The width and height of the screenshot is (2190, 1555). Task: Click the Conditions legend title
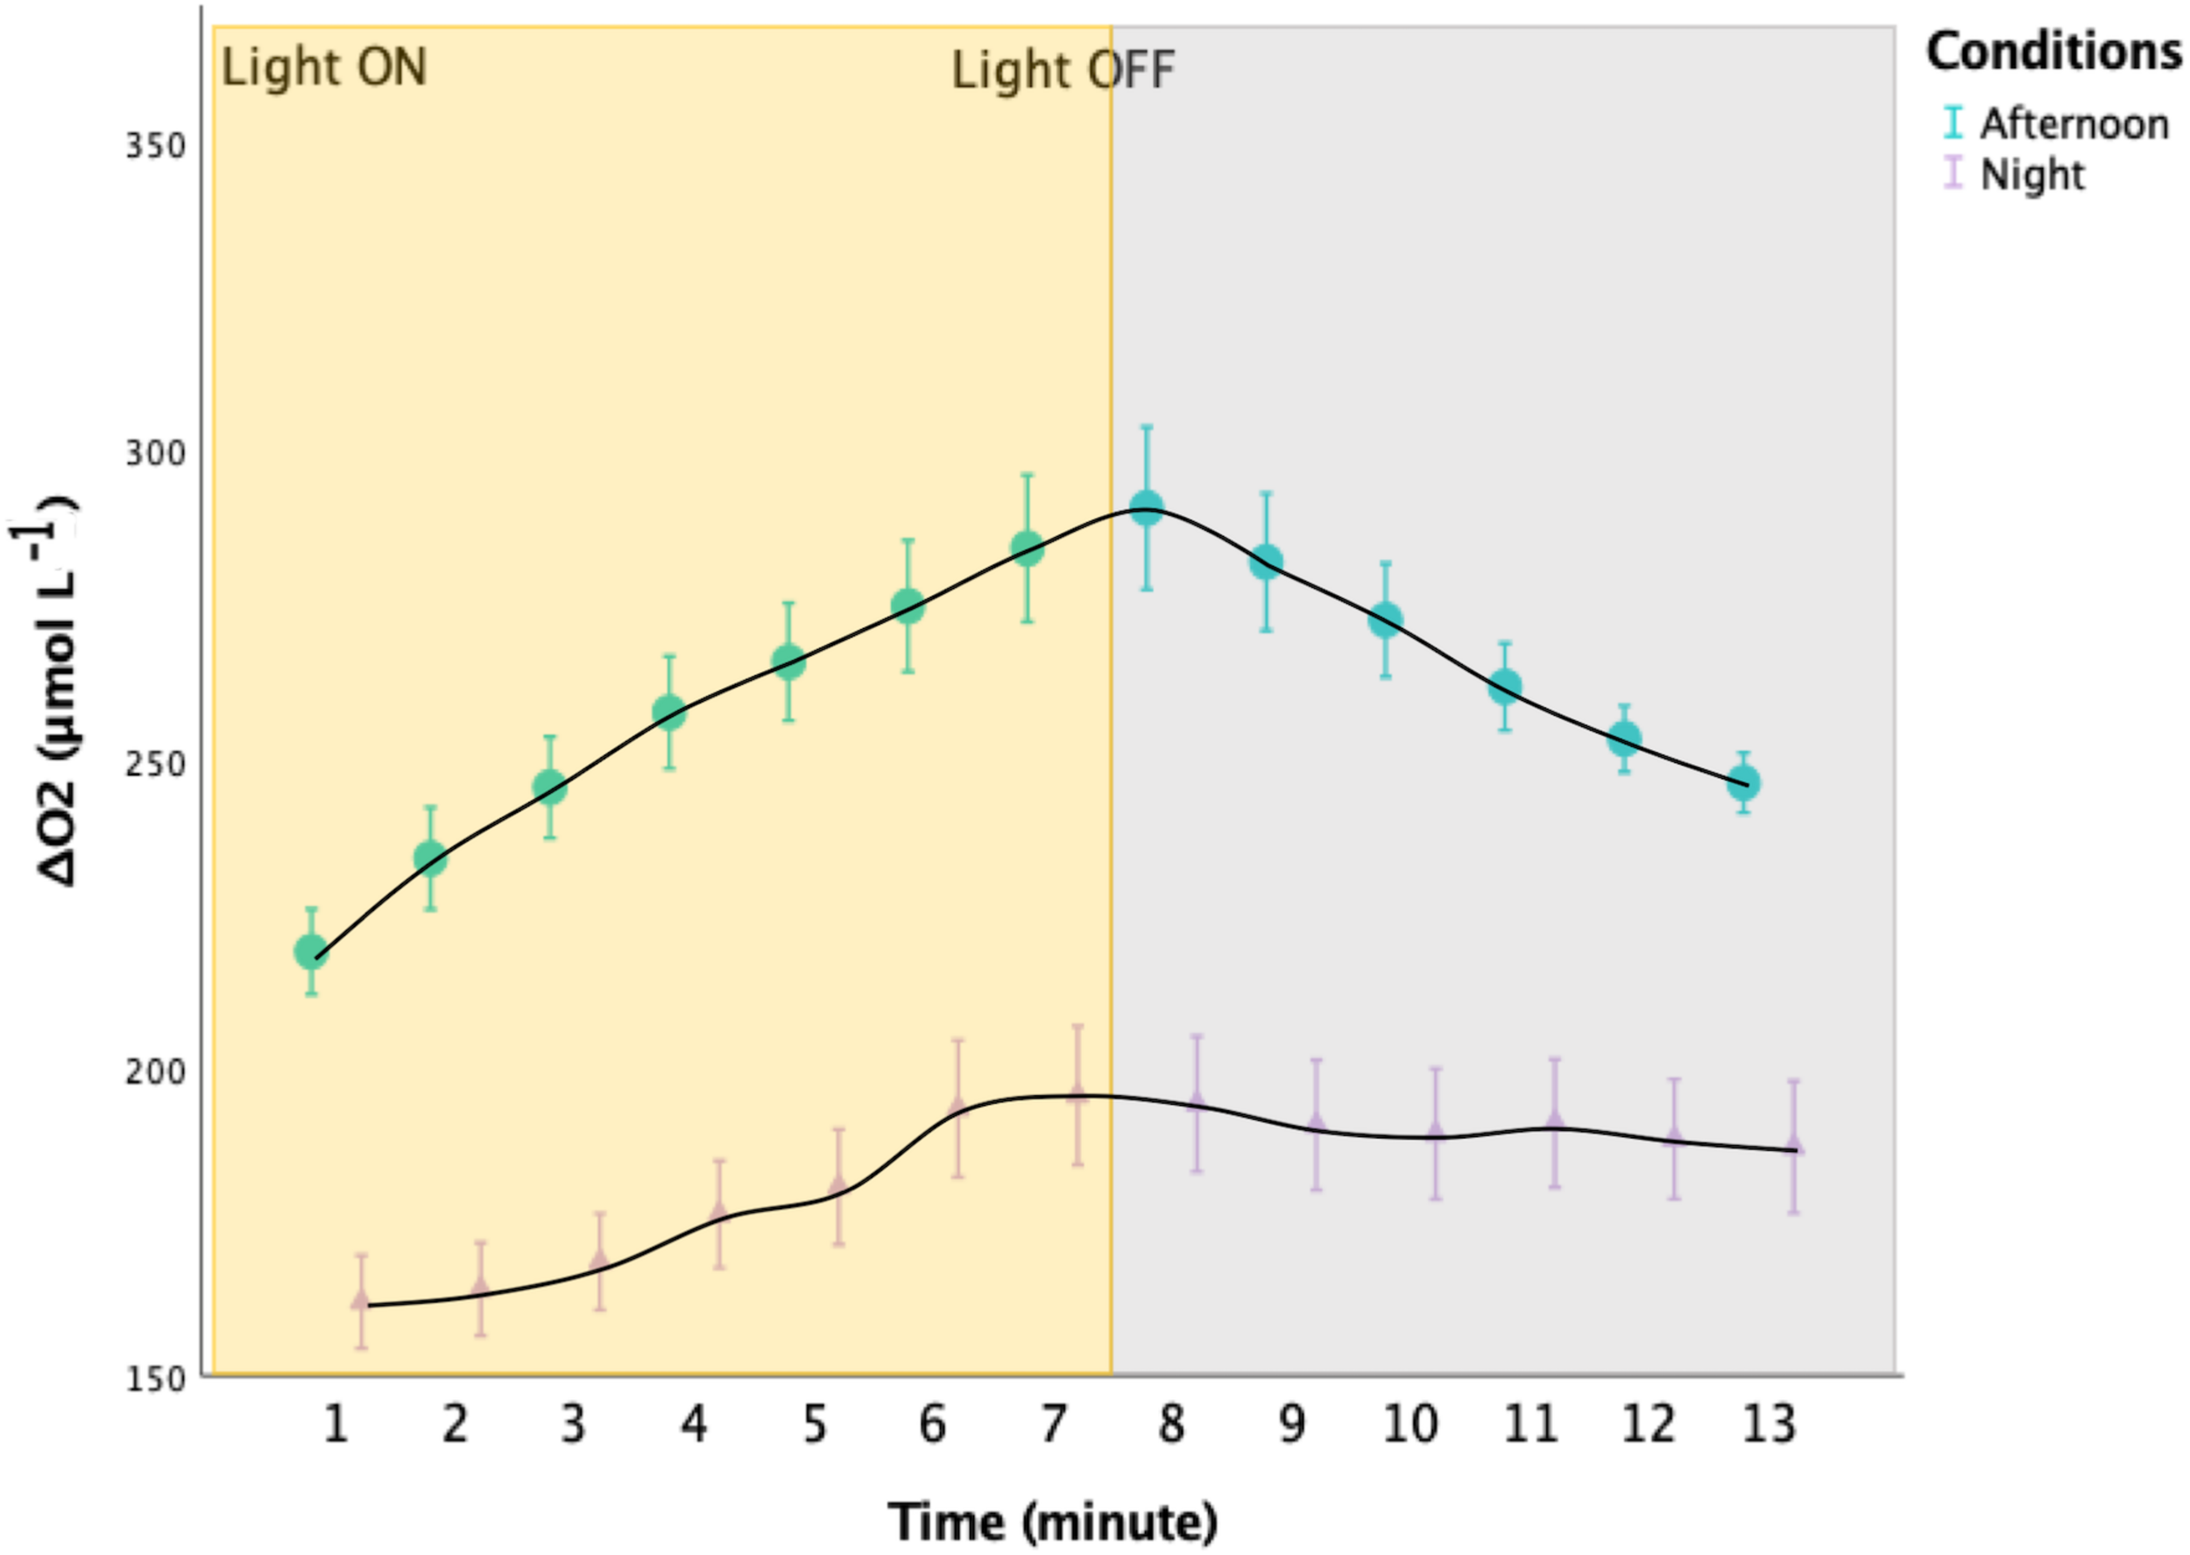coord(2054,52)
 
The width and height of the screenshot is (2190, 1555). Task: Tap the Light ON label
coord(324,68)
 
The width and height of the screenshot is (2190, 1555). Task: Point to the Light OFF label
coord(1063,71)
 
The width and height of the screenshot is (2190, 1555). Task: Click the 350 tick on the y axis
coord(156,146)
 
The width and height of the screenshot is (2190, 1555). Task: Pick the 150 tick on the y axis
coord(156,1380)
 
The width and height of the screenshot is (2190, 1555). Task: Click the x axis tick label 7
coord(1052,1424)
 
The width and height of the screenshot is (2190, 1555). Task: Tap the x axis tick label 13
coord(1769,1424)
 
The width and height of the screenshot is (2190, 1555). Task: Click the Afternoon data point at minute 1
coord(311,951)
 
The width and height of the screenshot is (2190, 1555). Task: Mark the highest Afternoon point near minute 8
coord(1146,508)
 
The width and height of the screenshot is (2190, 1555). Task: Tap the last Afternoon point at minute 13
coord(1744,783)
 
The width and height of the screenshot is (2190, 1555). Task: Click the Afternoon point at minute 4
coord(670,712)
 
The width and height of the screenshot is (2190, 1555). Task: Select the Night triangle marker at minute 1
coord(361,1299)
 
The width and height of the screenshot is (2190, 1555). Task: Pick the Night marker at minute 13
coord(1795,1146)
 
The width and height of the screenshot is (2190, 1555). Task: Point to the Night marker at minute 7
coord(1077,1094)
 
